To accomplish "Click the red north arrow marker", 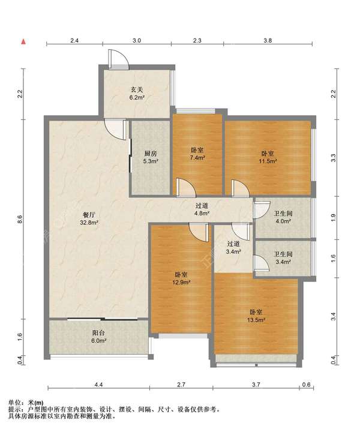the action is [23, 41].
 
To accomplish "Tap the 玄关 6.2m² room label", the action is [137, 93].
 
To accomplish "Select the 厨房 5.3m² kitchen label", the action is [151, 157].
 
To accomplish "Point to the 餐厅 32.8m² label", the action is [89, 218].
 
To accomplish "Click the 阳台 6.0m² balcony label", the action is [99, 337].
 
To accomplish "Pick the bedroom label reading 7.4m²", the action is [197, 154].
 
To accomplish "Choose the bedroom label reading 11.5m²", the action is [268, 157].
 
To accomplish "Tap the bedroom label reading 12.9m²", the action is [182, 278].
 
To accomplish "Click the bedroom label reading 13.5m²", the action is [256, 316].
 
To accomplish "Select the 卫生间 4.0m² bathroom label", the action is [283, 217].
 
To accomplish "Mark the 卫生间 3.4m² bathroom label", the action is [283, 257].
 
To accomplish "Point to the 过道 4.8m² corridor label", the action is [202, 209].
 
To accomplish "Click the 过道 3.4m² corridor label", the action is [233, 247].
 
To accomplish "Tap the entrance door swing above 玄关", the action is [119, 59].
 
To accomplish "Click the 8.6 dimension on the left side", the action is [20, 220].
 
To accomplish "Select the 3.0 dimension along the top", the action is [137, 41].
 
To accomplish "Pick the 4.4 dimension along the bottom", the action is [98, 385].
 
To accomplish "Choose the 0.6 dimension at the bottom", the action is [306, 385].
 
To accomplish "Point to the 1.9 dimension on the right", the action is [334, 218].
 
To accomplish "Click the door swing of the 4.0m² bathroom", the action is [262, 209].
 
